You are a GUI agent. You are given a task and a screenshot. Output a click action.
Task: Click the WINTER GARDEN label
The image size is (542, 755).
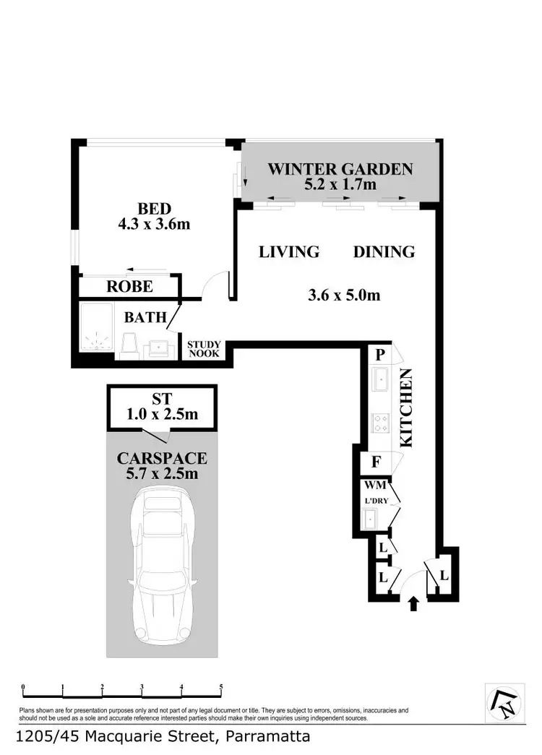click(340, 170)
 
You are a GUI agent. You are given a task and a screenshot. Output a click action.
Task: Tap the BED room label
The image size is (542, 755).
click(154, 210)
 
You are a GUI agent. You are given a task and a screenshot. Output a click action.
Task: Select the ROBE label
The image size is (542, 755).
click(129, 287)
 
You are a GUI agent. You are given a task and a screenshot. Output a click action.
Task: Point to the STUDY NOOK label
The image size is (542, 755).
click(205, 349)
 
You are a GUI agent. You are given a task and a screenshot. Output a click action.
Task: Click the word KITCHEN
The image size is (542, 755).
click(406, 408)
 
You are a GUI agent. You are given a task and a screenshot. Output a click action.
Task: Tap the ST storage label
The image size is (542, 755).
click(161, 399)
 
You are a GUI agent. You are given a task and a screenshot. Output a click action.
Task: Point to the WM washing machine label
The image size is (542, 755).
click(376, 486)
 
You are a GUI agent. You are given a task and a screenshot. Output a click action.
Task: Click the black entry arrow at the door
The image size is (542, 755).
click(413, 604)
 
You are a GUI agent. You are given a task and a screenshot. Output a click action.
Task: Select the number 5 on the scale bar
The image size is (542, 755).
click(221, 688)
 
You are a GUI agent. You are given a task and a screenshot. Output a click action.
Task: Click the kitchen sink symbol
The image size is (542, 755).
click(381, 379)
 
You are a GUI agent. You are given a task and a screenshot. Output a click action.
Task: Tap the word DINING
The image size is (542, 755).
click(384, 252)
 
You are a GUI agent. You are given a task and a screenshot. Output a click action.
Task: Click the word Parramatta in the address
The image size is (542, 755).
click(268, 738)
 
